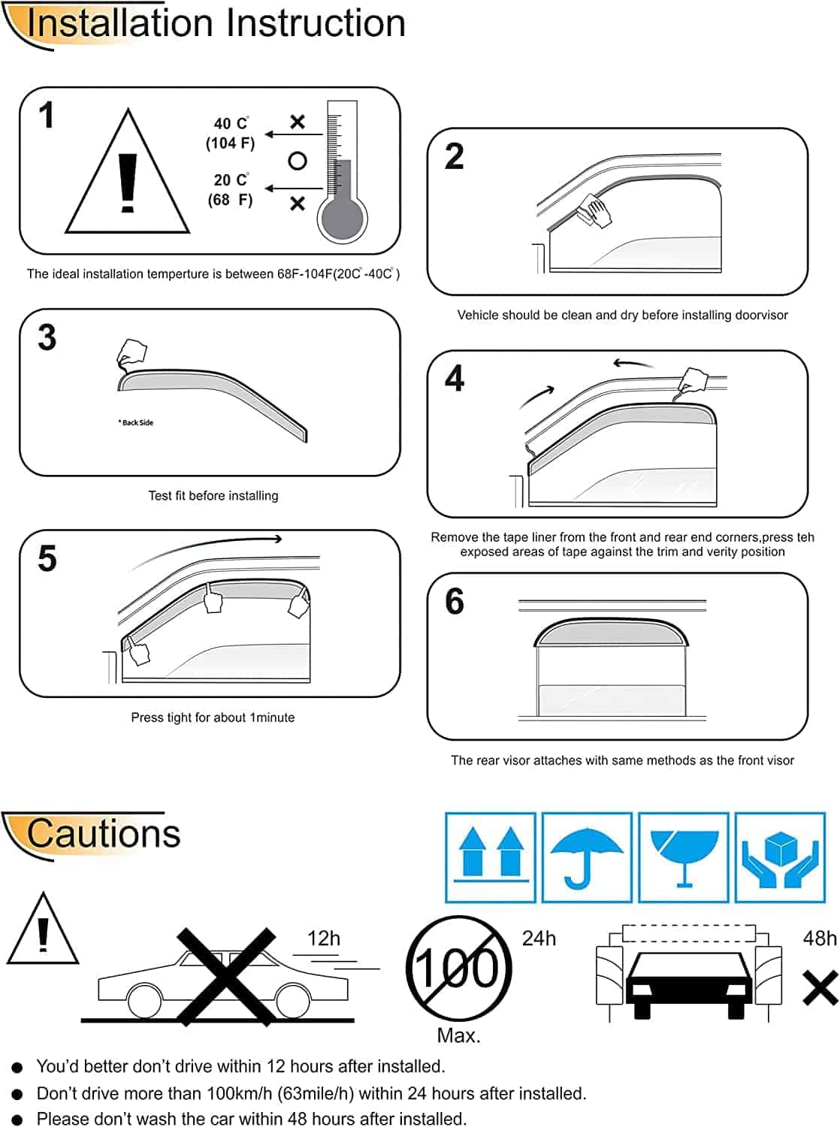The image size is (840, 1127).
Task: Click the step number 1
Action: (x=47, y=115)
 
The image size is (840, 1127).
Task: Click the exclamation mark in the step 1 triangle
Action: (x=127, y=183)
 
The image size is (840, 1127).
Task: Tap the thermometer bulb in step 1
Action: (x=343, y=218)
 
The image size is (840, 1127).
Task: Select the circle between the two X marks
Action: (x=298, y=162)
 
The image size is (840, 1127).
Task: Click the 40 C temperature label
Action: (x=231, y=124)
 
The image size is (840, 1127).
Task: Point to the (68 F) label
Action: (x=230, y=200)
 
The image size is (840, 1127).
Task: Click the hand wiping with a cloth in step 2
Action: (x=594, y=211)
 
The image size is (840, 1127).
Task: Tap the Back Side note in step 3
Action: (x=136, y=422)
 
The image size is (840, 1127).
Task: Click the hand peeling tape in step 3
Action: (x=131, y=353)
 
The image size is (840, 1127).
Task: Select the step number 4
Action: (x=455, y=379)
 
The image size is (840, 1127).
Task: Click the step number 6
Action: (x=455, y=601)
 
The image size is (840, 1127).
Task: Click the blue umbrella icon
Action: (x=587, y=857)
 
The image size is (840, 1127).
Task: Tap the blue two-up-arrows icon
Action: (x=491, y=857)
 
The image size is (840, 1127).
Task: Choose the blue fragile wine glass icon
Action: (x=684, y=857)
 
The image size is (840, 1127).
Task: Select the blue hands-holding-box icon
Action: (x=780, y=857)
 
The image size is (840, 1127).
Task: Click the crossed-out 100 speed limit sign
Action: (x=458, y=969)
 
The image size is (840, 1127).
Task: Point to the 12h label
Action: (x=324, y=938)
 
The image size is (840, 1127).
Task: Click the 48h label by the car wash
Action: (x=820, y=938)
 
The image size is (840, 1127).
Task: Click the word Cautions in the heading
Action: (x=104, y=834)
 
